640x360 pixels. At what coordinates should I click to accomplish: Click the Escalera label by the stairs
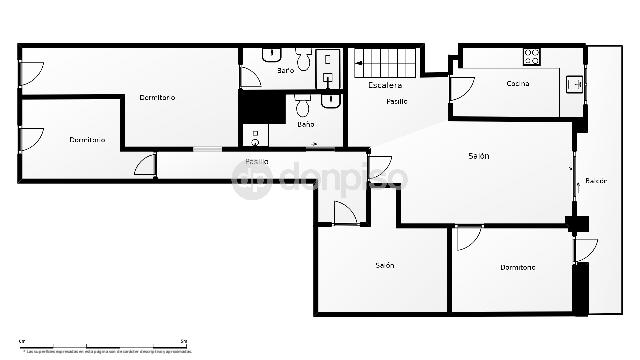point(385,86)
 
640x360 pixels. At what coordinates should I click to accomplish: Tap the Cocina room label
point(518,83)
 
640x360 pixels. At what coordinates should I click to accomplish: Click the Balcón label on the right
point(596,181)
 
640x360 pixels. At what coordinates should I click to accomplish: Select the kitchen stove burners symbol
point(532,57)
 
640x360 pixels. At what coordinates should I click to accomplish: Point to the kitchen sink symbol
point(574,85)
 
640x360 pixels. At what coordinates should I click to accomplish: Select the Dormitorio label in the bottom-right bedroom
point(518,267)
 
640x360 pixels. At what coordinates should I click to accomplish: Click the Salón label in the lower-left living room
point(385,265)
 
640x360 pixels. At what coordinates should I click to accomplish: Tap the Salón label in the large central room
point(479,156)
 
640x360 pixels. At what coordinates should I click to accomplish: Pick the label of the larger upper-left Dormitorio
point(157,97)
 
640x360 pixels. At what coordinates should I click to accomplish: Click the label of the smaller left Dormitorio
point(87,139)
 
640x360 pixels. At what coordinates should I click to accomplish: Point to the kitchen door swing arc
point(461,89)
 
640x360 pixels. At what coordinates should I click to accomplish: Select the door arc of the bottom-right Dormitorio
point(468,238)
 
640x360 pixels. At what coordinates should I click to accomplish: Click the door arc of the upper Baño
point(251,77)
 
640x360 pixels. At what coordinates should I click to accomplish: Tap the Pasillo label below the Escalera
point(396,101)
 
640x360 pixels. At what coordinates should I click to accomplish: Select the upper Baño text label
point(285,71)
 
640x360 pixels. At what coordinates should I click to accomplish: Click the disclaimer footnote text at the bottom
point(107,352)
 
